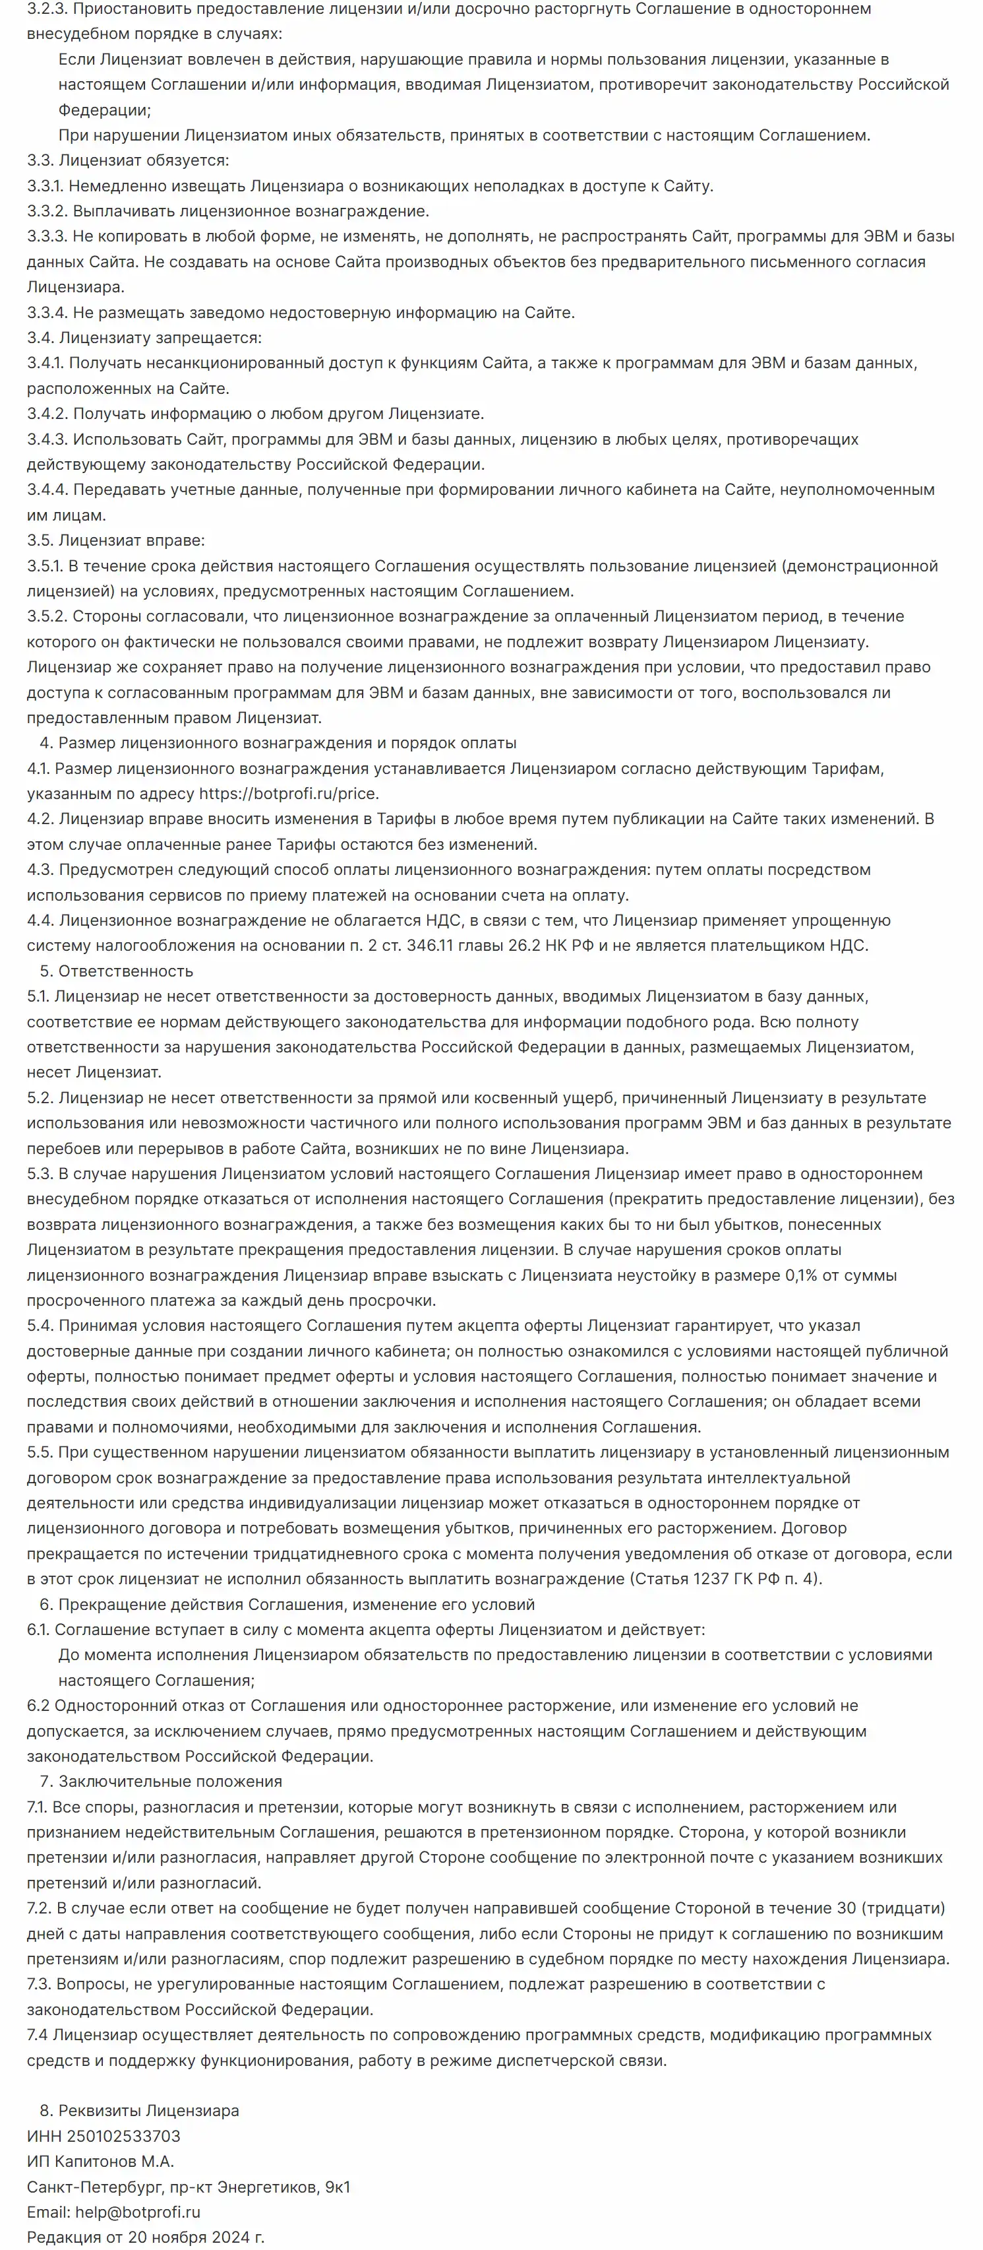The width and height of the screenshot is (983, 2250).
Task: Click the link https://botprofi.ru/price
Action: coord(288,794)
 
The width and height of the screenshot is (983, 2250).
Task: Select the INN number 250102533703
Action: coord(123,2136)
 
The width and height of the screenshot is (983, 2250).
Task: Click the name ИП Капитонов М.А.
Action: coord(100,2161)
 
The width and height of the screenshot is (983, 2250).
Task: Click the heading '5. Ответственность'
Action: coord(116,971)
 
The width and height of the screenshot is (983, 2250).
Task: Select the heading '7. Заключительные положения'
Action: coord(161,1781)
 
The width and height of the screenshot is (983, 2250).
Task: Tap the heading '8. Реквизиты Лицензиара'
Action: coord(139,2110)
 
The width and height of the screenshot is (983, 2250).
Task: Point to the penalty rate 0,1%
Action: coord(802,1275)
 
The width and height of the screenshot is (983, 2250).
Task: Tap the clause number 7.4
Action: coord(38,2034)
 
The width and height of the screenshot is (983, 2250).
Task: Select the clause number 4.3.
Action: coord(40,869)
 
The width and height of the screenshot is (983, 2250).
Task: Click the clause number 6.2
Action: coord(38,1705)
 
